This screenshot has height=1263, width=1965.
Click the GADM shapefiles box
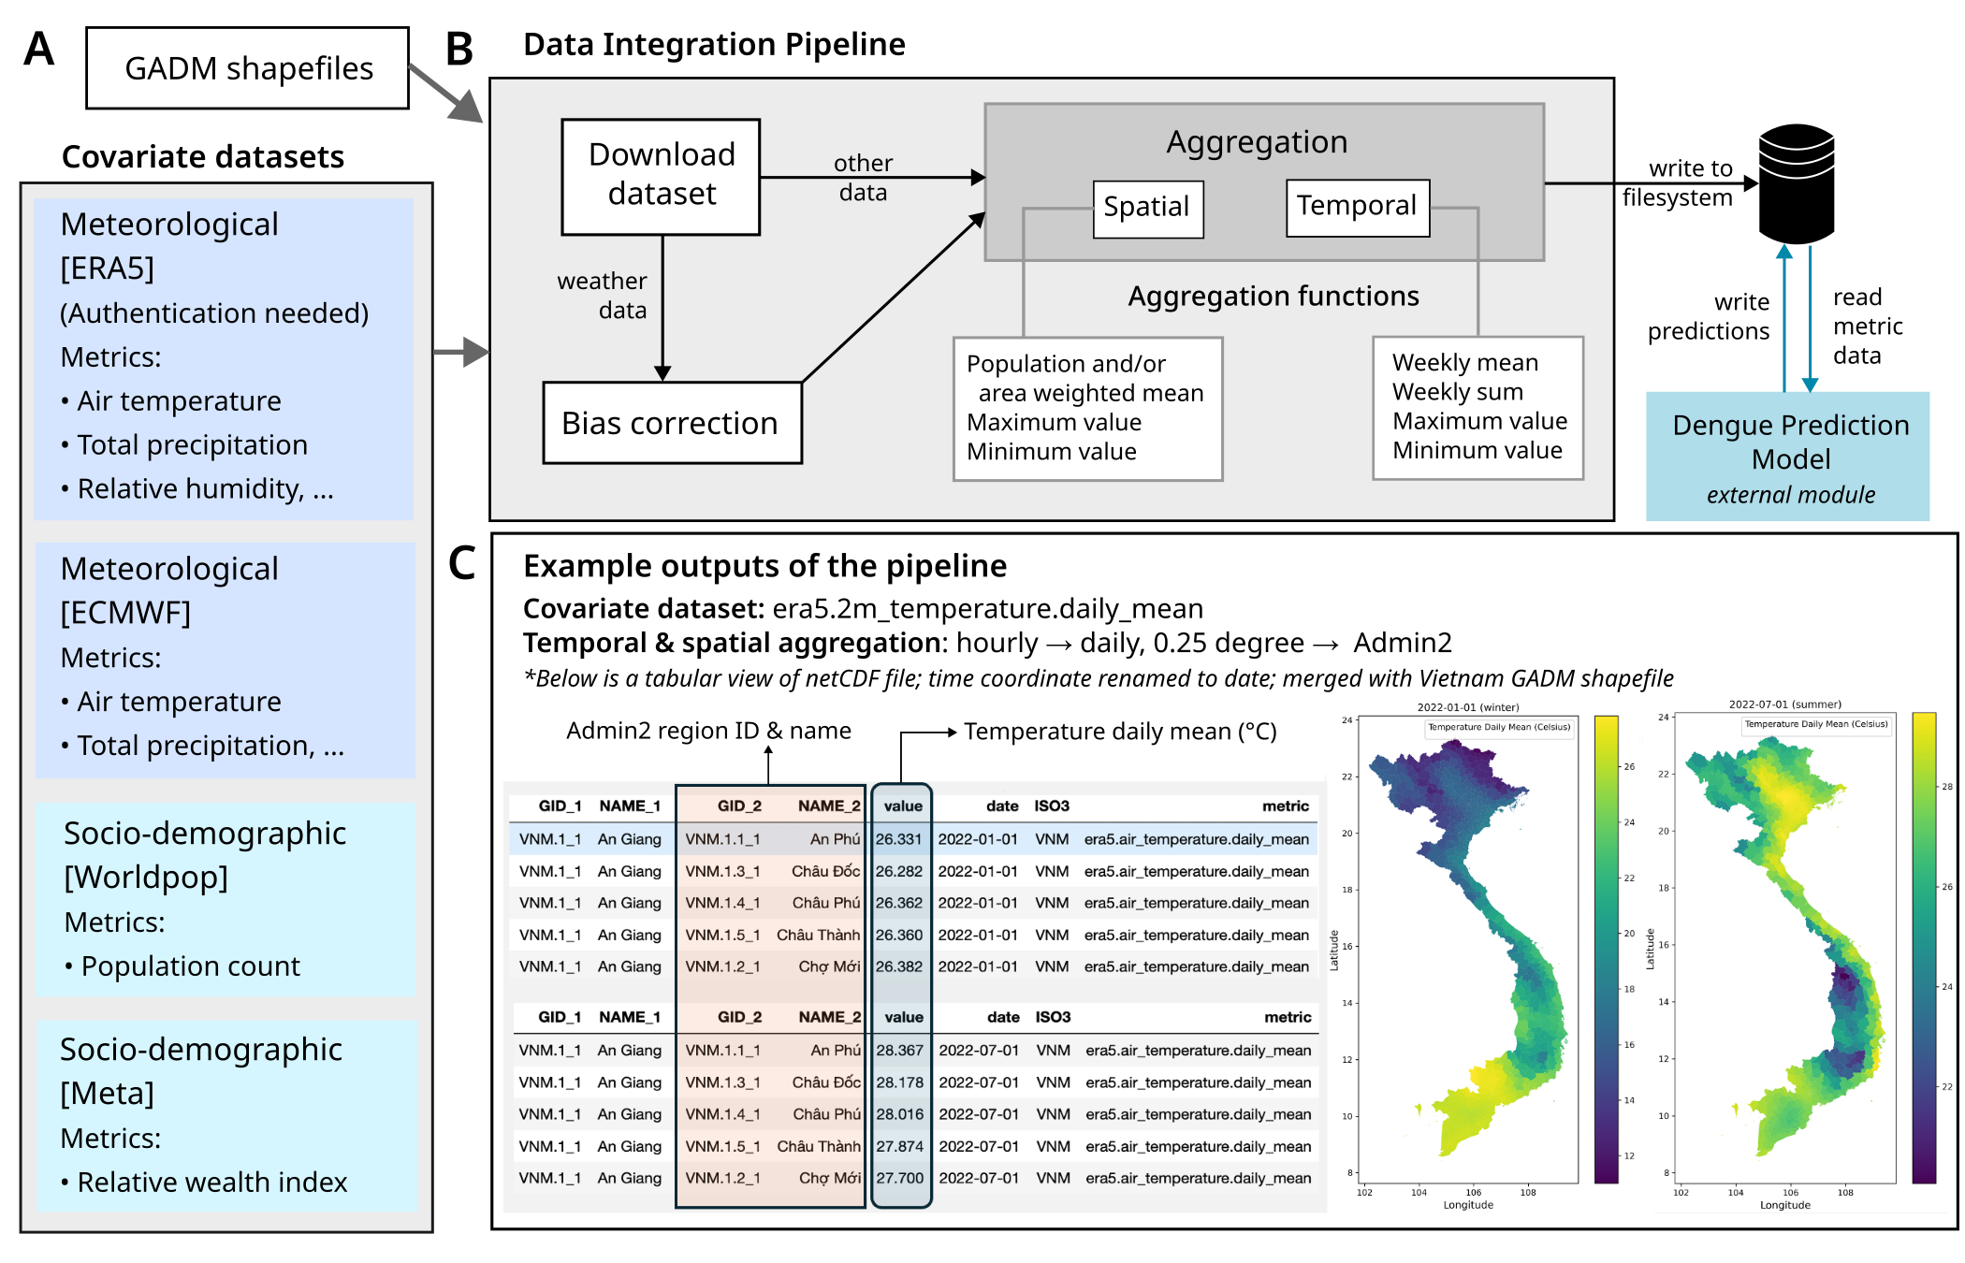248,68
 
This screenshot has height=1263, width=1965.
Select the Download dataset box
662,175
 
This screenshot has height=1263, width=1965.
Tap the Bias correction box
671,423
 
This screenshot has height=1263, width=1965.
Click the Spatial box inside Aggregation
1147,208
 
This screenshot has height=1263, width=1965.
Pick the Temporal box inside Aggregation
1357,207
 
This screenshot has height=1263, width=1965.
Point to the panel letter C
462,564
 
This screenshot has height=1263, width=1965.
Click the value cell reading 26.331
899,839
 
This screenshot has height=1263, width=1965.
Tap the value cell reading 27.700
900,1178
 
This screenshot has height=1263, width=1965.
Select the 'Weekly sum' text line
1458,392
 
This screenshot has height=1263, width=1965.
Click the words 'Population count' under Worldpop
190,966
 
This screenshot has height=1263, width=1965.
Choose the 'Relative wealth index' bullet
211,1183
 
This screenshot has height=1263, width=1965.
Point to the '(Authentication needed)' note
214,313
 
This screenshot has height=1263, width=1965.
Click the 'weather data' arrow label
603,296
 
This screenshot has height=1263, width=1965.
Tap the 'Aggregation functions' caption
1273,297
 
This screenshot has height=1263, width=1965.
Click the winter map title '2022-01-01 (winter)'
1467,707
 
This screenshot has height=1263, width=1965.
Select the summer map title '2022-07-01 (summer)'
1784,704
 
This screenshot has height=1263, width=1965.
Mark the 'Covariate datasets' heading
203,157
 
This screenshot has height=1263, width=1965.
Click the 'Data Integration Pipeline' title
714,45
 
